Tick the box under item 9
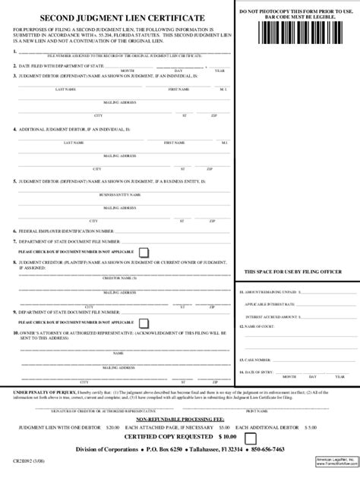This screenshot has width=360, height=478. [x=144, y=322]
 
